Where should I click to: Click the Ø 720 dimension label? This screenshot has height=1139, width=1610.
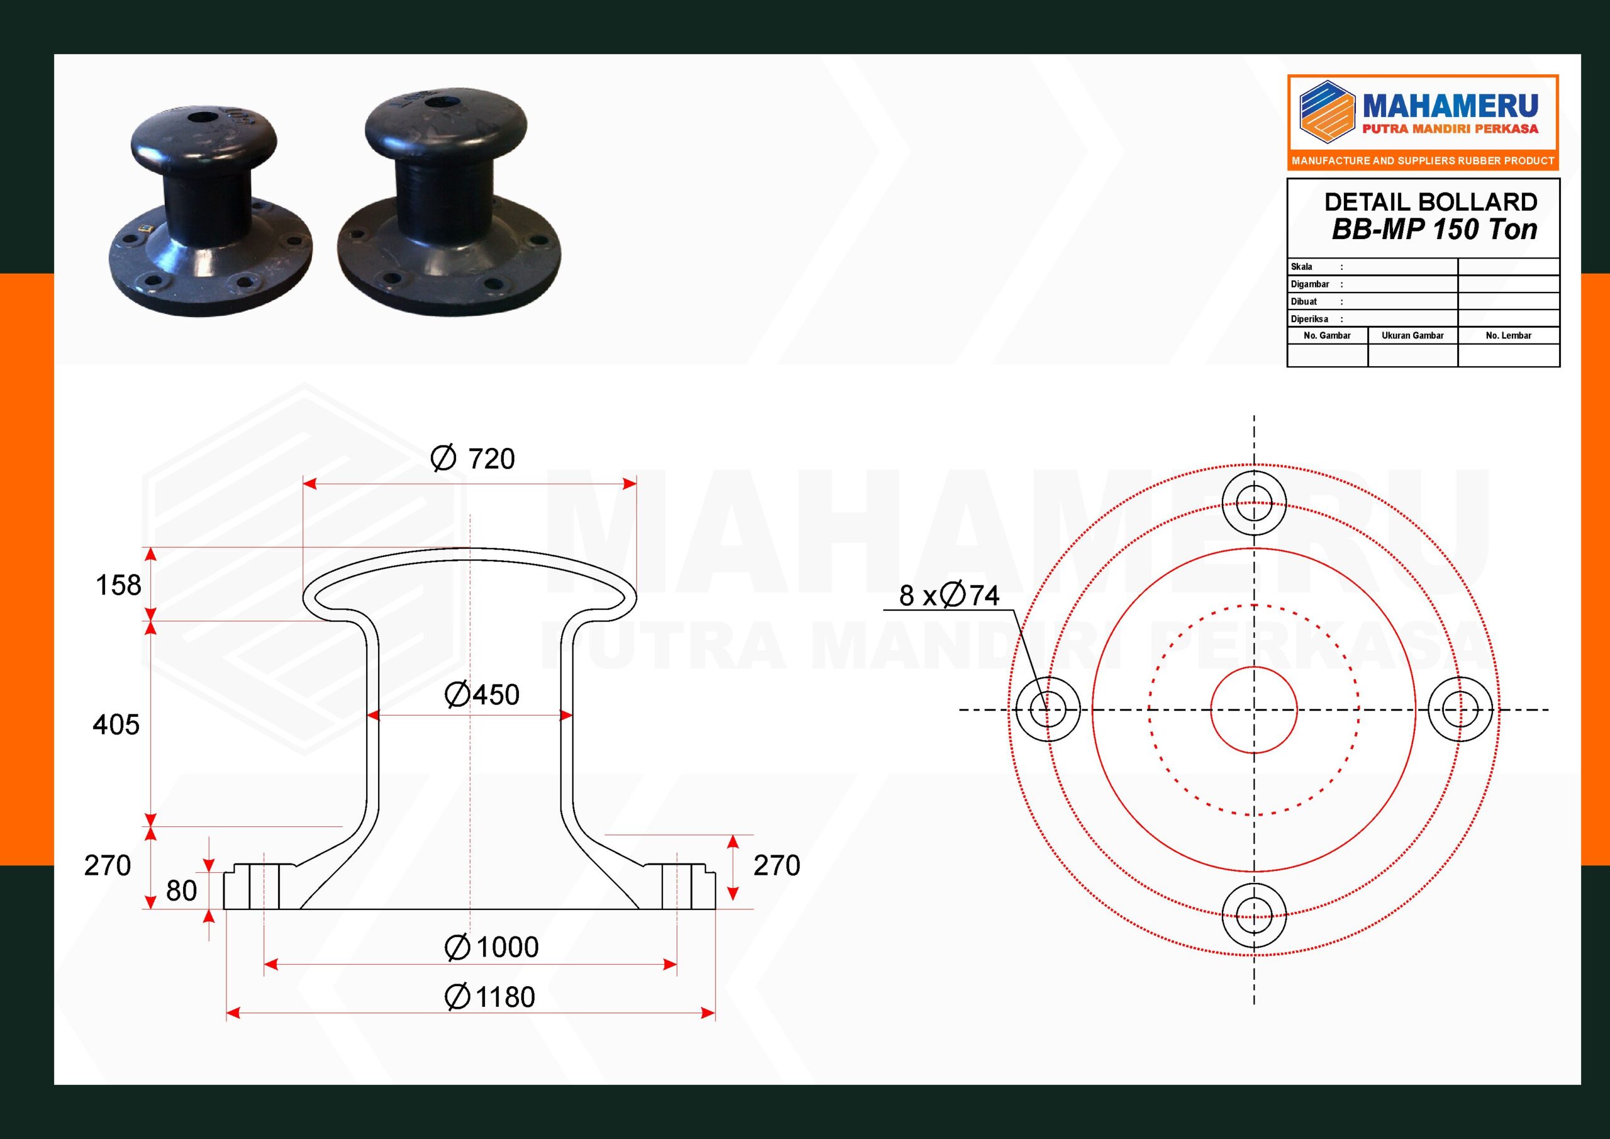(x=472, y=458)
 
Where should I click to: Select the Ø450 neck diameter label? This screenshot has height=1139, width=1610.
(x=482, y=695)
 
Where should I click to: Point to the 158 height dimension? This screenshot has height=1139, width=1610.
(x=118, y=585)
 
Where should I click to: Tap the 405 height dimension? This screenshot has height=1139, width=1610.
(x=116, y=725)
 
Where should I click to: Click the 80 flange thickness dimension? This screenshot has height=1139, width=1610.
(x=181, y=891)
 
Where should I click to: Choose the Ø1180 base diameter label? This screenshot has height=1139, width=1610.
(x=490, y=997)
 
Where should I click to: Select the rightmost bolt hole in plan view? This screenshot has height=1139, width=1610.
(x=1460, y=710)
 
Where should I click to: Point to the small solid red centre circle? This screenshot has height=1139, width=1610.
(x=1254, y=710)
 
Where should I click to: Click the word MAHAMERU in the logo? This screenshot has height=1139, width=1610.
(x=1450, y=107)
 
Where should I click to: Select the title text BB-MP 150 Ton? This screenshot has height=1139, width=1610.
(x=1434, y=230)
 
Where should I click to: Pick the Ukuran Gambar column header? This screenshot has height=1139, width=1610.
(x=1413, y=335)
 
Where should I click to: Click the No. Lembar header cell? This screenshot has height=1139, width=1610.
(x=1508, y=335)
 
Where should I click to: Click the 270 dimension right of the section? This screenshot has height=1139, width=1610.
(x=776, y=866)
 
